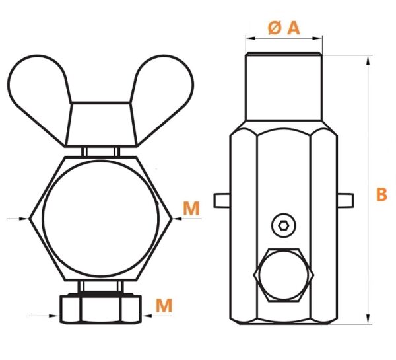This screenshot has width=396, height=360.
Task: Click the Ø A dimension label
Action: (x=284, y=28)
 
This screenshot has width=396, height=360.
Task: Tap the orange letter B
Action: (x=381, y=194)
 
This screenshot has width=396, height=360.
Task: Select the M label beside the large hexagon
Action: (x=191, y=208)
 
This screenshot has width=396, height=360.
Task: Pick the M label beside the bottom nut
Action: (x=164, y=305)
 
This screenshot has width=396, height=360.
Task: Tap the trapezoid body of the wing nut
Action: (x=101, y=124)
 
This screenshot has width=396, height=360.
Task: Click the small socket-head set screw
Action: (x=284, y=225)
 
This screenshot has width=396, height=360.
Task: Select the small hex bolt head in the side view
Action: (x=284, y=275)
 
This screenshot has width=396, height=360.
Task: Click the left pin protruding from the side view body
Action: (x=222, y=201)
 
